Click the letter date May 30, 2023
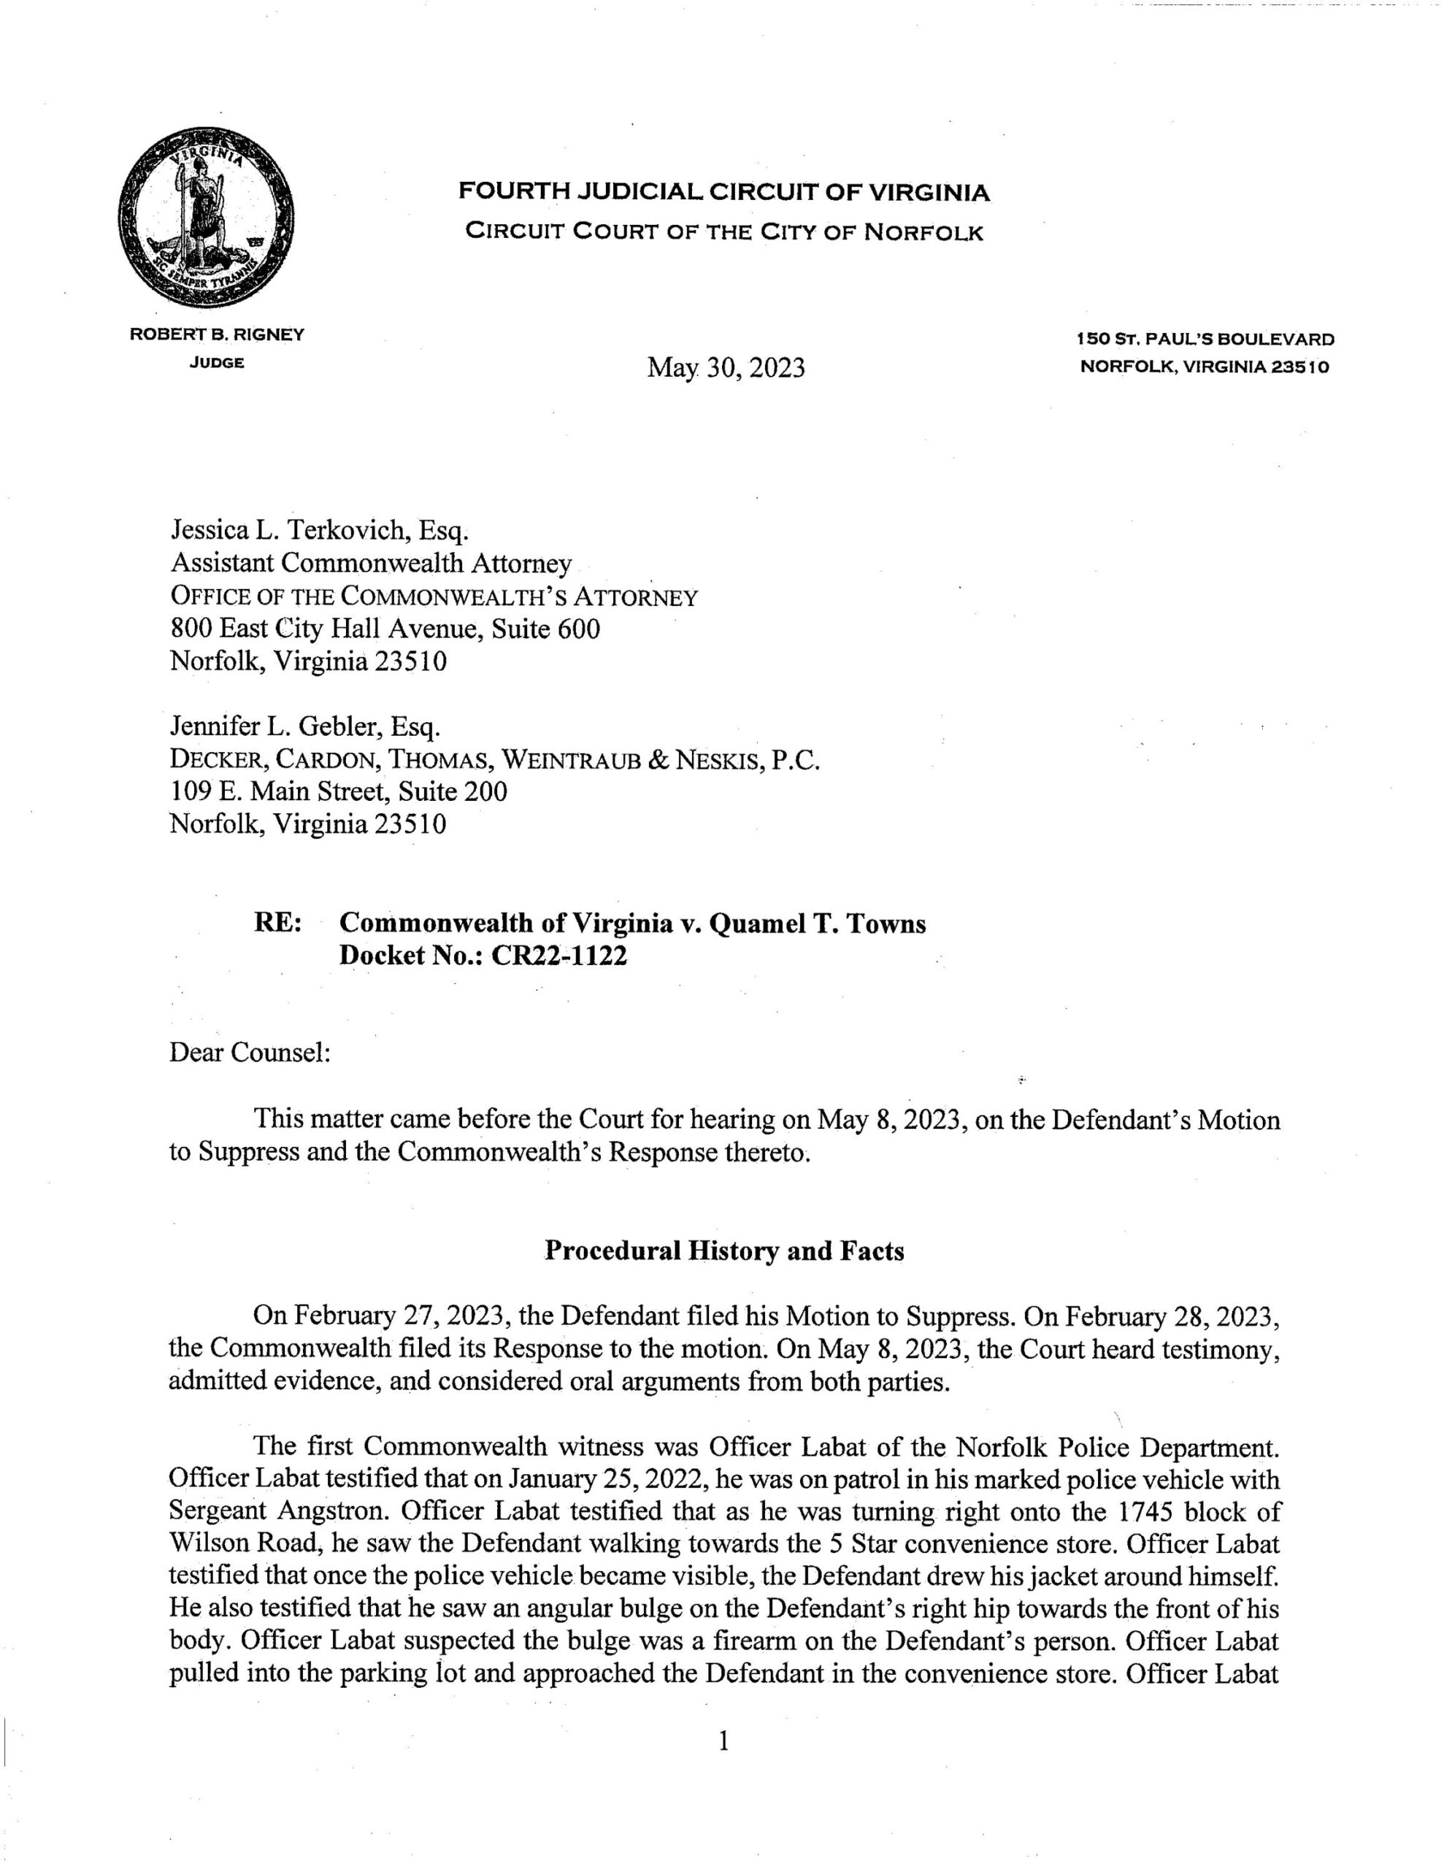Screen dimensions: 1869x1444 [725, 368]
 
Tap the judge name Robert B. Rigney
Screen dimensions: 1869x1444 [217, 335]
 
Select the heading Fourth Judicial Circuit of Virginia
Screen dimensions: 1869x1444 [724, 193]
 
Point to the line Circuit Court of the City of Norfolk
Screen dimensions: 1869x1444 [724, 233]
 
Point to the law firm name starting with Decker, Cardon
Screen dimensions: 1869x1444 [495, 760]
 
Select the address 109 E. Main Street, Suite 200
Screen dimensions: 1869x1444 [339, 791]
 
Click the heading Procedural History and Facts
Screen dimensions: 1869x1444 [724, 1252]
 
